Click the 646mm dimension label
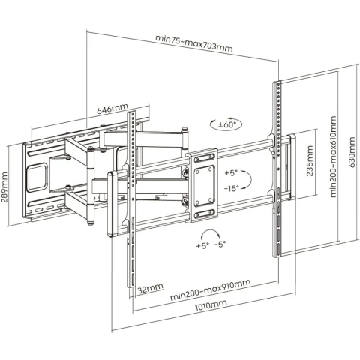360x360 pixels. click(x=112, y=109)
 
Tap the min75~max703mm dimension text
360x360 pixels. click(x=194, y=43)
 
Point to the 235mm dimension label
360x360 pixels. click(x=310, y=161)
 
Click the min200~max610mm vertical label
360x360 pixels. click(x=334, y=157)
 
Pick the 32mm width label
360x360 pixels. click(x=151, y=288)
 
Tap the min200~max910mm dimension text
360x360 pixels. click(x=210, y=289)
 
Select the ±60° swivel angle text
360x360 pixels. click(x=227, y=124)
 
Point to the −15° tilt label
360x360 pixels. click(x=231, y=188)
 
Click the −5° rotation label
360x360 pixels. click(x=220, y=244)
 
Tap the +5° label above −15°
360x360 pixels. click(x=231, y=173)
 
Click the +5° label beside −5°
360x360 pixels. click(x=202, y=245)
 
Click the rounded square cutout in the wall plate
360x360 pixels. click(x=37, y=177)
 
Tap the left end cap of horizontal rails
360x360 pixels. click(x=112, y=204)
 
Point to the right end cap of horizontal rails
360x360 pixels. click(x=292, y=167)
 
